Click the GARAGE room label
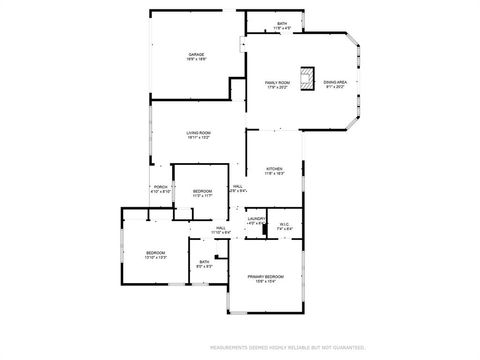[x=196, y=54]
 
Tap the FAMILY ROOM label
[x=277, y=82]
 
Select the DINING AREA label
[x=335, y=82]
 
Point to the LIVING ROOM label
[x=198, y=133]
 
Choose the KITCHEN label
[x=274, y=169]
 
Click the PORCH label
[x=160, y=186]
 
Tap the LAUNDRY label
[x=256, y=218]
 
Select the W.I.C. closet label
[x=284, y=224]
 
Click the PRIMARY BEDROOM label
[x=266, y=276]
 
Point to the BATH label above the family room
[x=282, y=23]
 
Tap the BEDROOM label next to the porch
[x=202, y=190]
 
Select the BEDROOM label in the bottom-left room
[x=155, y=252]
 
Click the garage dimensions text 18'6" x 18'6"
[x=196, y=60]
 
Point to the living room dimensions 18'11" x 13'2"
[x=198, y=139]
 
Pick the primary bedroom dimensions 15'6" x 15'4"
[x=266, y=282]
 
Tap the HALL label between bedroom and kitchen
[x=238, y=186]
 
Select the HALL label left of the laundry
[x=220, y=227]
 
